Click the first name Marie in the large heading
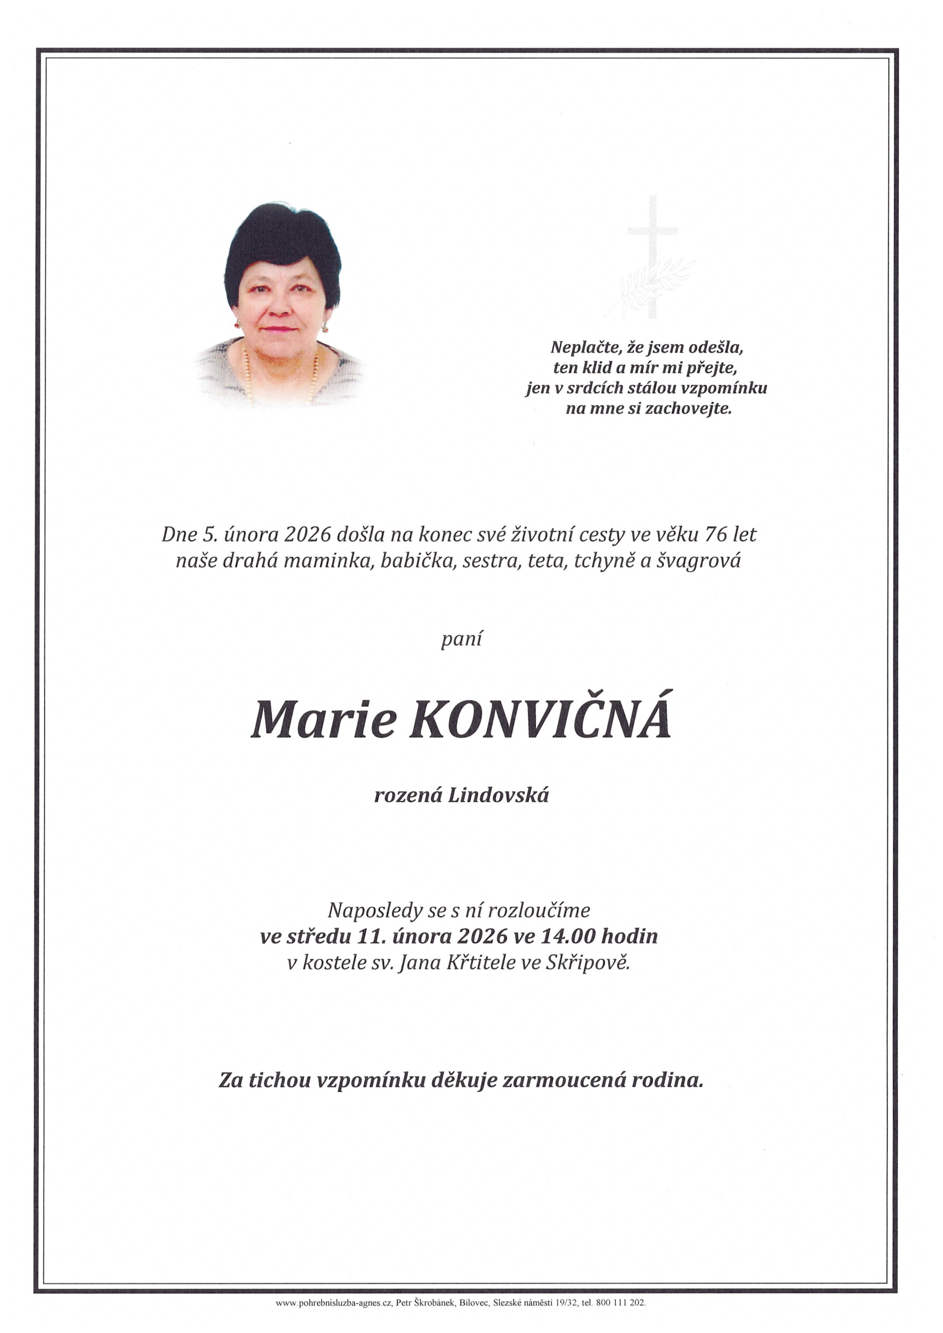click(323, 720)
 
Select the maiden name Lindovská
click(498, 795)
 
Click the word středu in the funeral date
click(319, 936)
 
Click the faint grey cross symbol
click(652, 255)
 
